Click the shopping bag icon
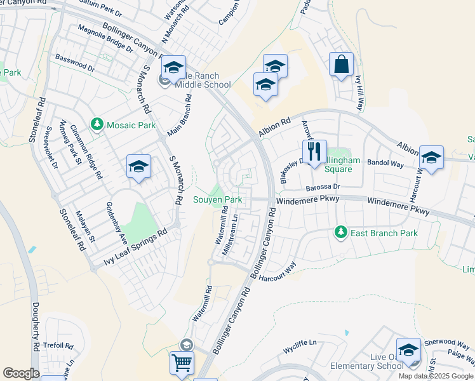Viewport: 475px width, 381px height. click(x=341, y=65)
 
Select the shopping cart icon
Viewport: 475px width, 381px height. click(x=182, y=364)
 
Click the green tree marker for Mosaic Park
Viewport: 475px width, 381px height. click(x=97, y=124)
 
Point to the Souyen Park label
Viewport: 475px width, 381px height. click(x=218, y=199)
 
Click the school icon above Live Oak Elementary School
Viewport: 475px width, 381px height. click(x=408, y=351)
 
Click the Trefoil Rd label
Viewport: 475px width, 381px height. click(x=58, y=346)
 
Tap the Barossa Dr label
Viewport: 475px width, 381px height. click(x=323, y=187)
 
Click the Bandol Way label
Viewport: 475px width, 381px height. click(x=387, y=164)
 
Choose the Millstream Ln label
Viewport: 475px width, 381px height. click(x=230, y=234)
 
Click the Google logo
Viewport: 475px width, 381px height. click(x=21, y=373)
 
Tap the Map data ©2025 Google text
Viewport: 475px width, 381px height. click(x=436, y=376)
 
